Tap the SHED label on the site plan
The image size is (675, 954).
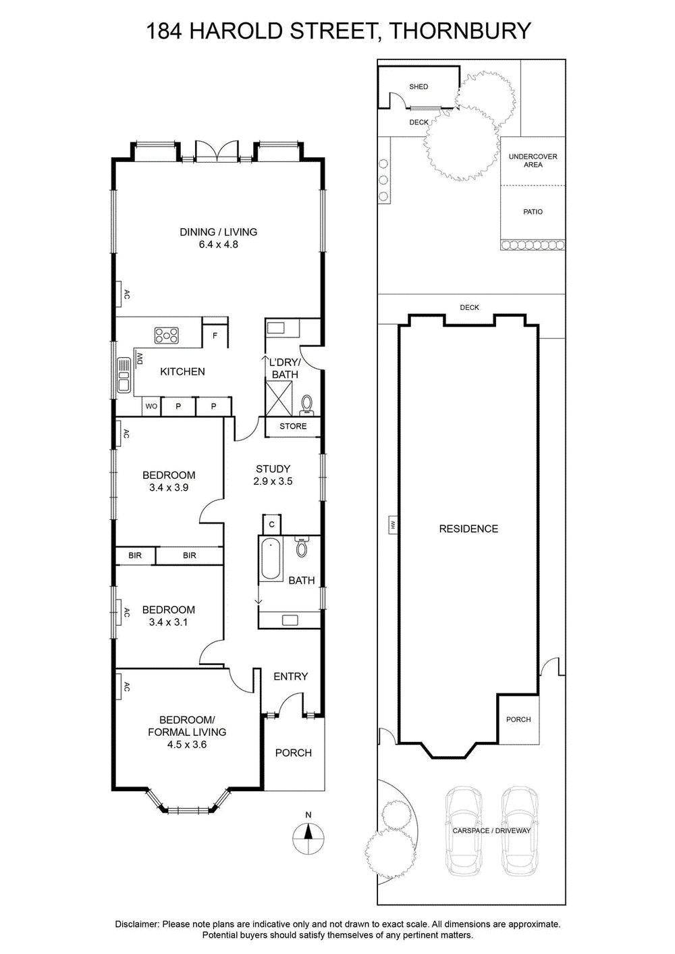click(x=418, y=86)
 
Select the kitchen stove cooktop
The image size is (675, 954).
click(x=165, y=334)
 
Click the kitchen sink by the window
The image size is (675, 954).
click(x=124, y=375)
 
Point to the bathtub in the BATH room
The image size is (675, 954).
click(x=271, y=559)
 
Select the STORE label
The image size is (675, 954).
click(x=293, y=427)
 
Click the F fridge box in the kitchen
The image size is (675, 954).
click(x=215, y=335)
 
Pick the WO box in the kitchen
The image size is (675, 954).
click(x=151, y=406)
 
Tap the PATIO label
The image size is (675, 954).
click(x=533, y=212)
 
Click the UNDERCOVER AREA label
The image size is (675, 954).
click(x=533, y=161)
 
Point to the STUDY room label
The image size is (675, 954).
click(x=273, y=469)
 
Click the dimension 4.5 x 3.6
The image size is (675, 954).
click(x=187, y=745)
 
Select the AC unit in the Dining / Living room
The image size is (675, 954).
click(x=122, y=294)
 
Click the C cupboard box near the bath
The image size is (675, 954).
click(x=271, y=524)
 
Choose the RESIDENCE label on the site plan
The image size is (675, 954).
click(x=468, y=529)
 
